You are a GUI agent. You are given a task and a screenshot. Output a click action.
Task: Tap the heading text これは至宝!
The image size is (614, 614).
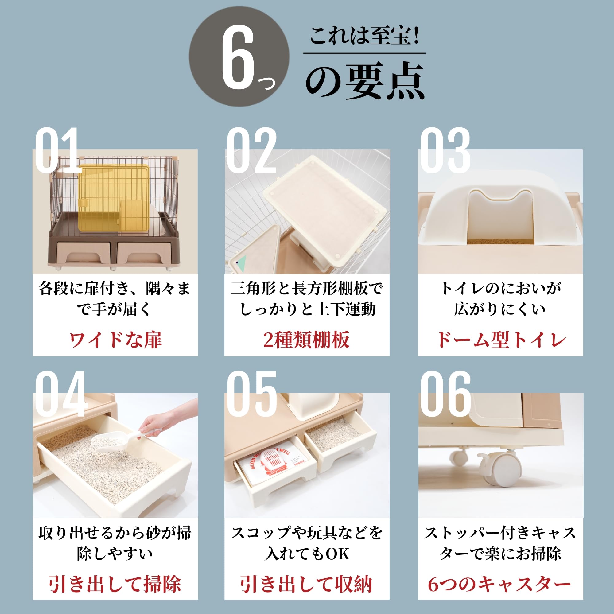point(364,36)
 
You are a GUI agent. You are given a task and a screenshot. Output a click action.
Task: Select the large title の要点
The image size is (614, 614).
point(365,81)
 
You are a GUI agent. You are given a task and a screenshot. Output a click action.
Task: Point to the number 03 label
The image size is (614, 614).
point(445,150)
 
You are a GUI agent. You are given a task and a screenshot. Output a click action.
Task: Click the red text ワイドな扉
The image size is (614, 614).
point(115,340)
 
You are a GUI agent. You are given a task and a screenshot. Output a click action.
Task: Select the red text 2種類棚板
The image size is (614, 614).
point(306,340)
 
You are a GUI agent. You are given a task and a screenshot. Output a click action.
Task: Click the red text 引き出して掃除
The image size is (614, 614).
point(115,584)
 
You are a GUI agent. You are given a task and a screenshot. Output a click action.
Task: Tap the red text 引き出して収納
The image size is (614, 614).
point(306,584)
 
